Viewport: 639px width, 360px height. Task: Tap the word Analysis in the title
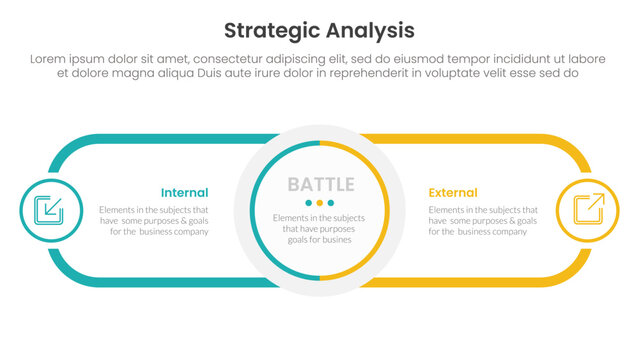click(x=368, y=29)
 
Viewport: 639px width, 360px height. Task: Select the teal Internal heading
click(x=184, y=192)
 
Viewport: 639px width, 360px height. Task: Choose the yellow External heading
click(x=453, y=192)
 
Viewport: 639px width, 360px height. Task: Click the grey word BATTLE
click(x=320, y=185)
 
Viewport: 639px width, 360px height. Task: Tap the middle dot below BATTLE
click(x=320, y=203)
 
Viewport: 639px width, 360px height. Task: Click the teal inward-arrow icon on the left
click(x=49, y=209)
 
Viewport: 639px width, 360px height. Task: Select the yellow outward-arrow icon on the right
click(x=588, y=209)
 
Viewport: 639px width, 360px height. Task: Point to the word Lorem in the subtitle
click(x=51, y=59)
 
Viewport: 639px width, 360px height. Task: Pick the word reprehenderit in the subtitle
click(x=377, y=74)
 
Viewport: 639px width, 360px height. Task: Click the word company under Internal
click(x=188, y=231)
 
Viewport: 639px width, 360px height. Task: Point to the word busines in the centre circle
click(x=340, y=240)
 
